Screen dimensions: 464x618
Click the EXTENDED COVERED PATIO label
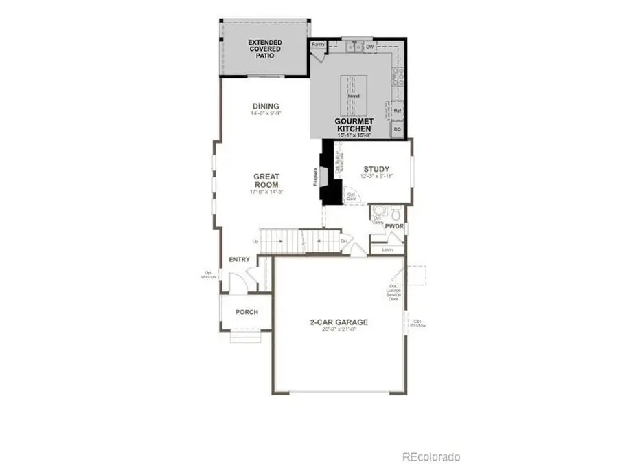point(265,49)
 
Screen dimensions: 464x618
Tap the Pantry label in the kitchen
point(318,45)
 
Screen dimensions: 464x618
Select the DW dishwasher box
point(369,46)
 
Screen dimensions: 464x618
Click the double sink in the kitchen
point(354,46)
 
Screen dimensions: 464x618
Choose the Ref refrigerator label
point(397,111)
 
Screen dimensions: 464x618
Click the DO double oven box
point(397,129)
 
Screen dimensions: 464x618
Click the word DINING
point(266,106)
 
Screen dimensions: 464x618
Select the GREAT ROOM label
point(266,181)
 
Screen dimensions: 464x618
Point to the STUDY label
point(376,169)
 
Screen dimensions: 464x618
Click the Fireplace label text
point(316,177)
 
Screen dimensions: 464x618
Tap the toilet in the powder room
point(382,210)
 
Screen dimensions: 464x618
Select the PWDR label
point(394,225)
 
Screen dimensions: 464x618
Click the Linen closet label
point(387,249)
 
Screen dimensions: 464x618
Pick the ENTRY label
point(239,260)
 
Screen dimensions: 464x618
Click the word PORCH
point(247,312)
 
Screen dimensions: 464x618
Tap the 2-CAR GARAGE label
point(340,322)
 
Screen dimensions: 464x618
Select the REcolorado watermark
point(431,456)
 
